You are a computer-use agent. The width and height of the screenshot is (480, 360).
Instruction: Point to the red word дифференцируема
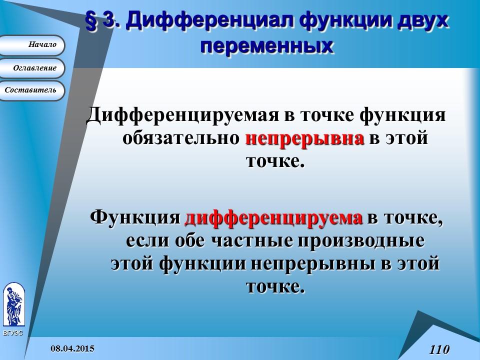point(273,218)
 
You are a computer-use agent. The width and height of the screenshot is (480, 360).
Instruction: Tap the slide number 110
point(439,349)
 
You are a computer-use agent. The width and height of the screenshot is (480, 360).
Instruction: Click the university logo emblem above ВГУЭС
point(13,304)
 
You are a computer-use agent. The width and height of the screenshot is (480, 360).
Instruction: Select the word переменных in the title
point(266,45)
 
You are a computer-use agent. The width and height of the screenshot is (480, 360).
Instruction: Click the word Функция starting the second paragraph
point(134,218)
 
